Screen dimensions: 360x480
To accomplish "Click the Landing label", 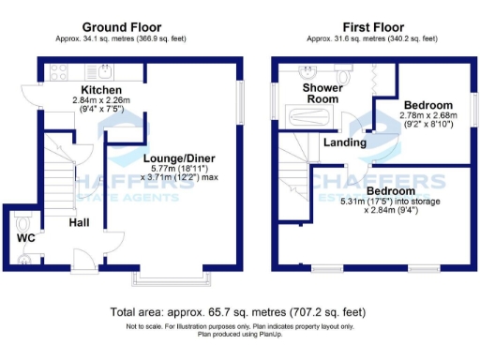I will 343,143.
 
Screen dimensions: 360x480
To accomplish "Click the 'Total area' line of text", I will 239,311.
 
